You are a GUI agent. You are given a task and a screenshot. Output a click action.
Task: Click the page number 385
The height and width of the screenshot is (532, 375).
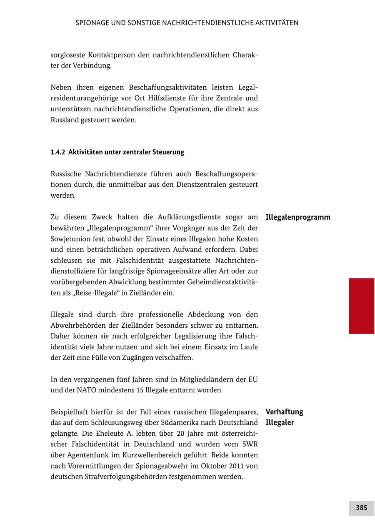coord(361,508)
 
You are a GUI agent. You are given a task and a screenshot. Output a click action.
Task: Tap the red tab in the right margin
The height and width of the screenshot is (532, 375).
coord(361,306)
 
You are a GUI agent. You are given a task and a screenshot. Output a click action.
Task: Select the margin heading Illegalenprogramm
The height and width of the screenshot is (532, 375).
coord(297,217)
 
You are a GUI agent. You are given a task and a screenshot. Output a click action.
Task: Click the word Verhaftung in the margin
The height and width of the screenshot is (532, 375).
coord(284,412)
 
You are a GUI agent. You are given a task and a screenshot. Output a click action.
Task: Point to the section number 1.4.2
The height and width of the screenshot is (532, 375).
coord(58,152)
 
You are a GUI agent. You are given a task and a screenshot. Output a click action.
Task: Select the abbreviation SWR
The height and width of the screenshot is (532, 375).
coord(250,444)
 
